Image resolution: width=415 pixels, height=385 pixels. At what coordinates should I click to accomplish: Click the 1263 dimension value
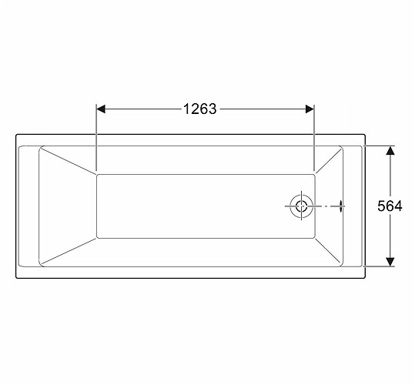tap(200, 109)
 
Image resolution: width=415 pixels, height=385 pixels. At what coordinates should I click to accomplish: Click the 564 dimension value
tap(390, 206)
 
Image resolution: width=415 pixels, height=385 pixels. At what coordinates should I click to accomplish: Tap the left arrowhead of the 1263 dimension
tap(101, 109)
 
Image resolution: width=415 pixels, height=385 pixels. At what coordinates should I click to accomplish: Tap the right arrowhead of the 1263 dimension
tap(310, 109)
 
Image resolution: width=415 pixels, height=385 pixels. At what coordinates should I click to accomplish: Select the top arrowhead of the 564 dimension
tap(390, 151)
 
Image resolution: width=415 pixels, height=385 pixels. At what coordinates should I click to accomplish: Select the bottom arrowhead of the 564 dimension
tap(390, 262)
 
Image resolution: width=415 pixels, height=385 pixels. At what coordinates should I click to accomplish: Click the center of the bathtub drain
tap(302, 206)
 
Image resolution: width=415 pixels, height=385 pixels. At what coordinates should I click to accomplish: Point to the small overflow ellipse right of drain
tap(341, 206)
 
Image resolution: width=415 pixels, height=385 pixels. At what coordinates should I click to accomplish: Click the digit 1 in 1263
tap(187, 109)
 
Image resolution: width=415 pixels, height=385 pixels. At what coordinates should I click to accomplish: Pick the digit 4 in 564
tap(398, 206)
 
